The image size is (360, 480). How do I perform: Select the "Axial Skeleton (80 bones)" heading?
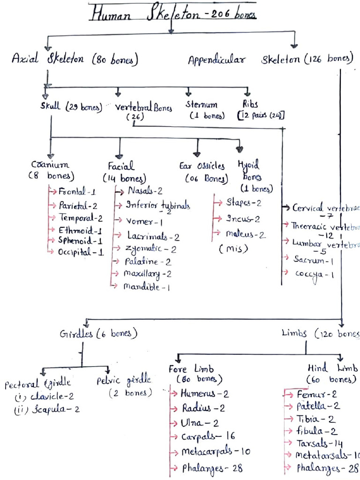click(75, 59)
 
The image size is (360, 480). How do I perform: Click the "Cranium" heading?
click(50, 165)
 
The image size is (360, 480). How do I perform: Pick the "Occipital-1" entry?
click(81, 252)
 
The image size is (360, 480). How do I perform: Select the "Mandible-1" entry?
click(146, 287)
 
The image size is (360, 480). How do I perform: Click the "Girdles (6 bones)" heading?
click(98, 334)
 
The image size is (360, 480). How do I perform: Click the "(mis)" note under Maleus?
click(233, 249)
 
